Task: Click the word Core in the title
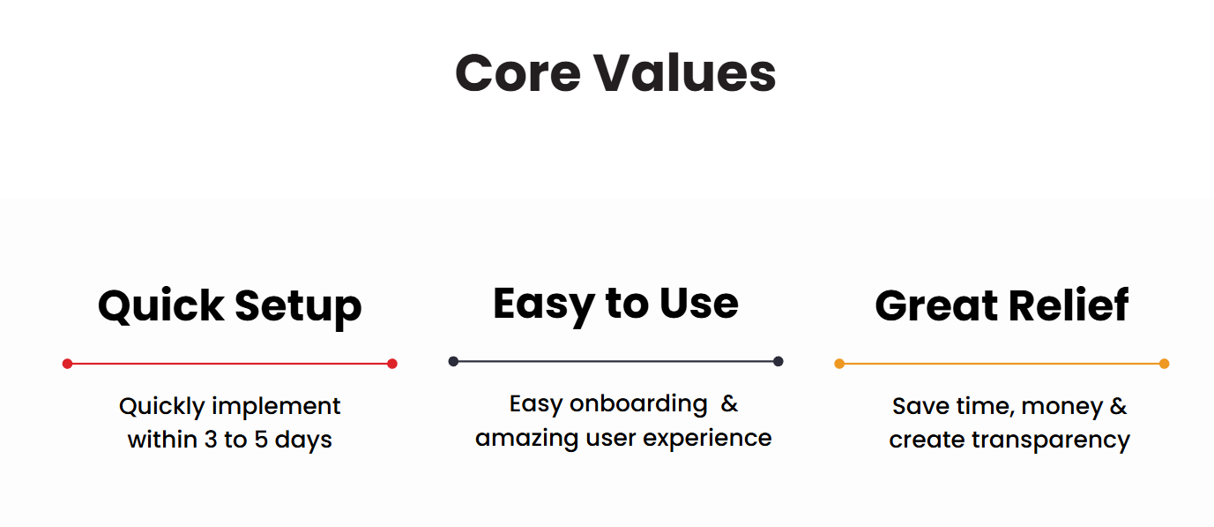pos(518,73)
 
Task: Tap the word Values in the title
pos(686,72)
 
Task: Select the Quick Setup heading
pos(230,307)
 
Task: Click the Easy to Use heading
pos(615,305)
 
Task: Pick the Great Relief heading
pos(1002,306)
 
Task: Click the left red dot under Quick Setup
pos(67,364)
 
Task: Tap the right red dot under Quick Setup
pos(392,364)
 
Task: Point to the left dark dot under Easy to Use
pos(454,361)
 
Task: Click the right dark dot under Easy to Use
pos(778,361)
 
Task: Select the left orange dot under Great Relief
pos(839,364)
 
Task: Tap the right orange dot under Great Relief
pos(1164,364)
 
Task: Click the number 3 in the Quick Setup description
pos(211,440)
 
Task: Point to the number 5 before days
pos(261,440)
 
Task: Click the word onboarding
pos(638,403)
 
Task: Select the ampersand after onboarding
pos(729,403)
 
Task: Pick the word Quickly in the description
pos(162,407)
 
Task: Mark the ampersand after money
pos(1119,406)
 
